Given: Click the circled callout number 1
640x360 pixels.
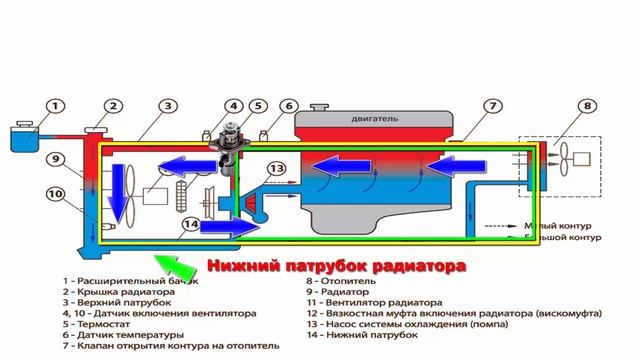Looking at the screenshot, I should (56, 106).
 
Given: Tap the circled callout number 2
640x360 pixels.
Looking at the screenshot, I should (114, 106).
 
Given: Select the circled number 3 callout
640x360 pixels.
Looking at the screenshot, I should (170, 106).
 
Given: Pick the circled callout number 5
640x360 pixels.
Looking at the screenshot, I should (257, 107).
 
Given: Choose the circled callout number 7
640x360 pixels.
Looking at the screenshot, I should (492, 106).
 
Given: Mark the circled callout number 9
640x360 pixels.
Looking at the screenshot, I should (57, 159).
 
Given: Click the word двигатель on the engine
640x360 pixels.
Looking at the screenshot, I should (375, 119).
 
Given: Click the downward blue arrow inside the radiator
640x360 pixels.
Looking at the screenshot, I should (121, 189).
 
